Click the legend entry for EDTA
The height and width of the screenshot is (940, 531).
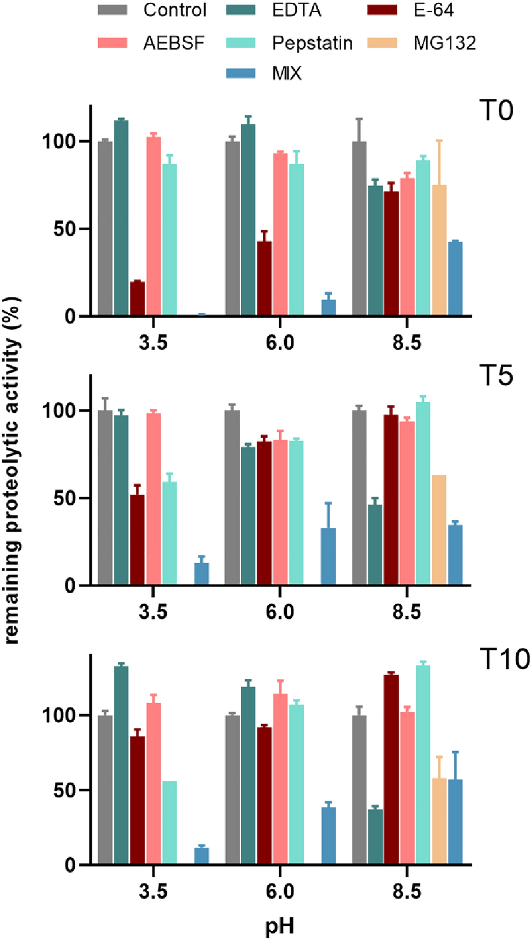[296, 10]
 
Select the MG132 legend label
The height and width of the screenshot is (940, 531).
[444, 43]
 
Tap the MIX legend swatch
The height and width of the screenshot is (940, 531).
[241, 73]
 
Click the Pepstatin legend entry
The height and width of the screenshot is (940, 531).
[312, 43]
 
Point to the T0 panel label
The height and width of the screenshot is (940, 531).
[496, 110]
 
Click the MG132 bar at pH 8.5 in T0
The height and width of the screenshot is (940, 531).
[439, 250]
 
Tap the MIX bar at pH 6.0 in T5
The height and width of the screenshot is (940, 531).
[328, 556]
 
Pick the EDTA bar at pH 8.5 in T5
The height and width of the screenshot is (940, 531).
[375, 545]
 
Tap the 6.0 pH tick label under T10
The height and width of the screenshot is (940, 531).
[280, 891]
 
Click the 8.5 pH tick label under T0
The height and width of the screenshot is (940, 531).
[406, 343]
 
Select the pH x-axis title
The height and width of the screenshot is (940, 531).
[280, 926]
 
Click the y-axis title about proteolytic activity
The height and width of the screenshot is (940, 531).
[12, 470]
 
